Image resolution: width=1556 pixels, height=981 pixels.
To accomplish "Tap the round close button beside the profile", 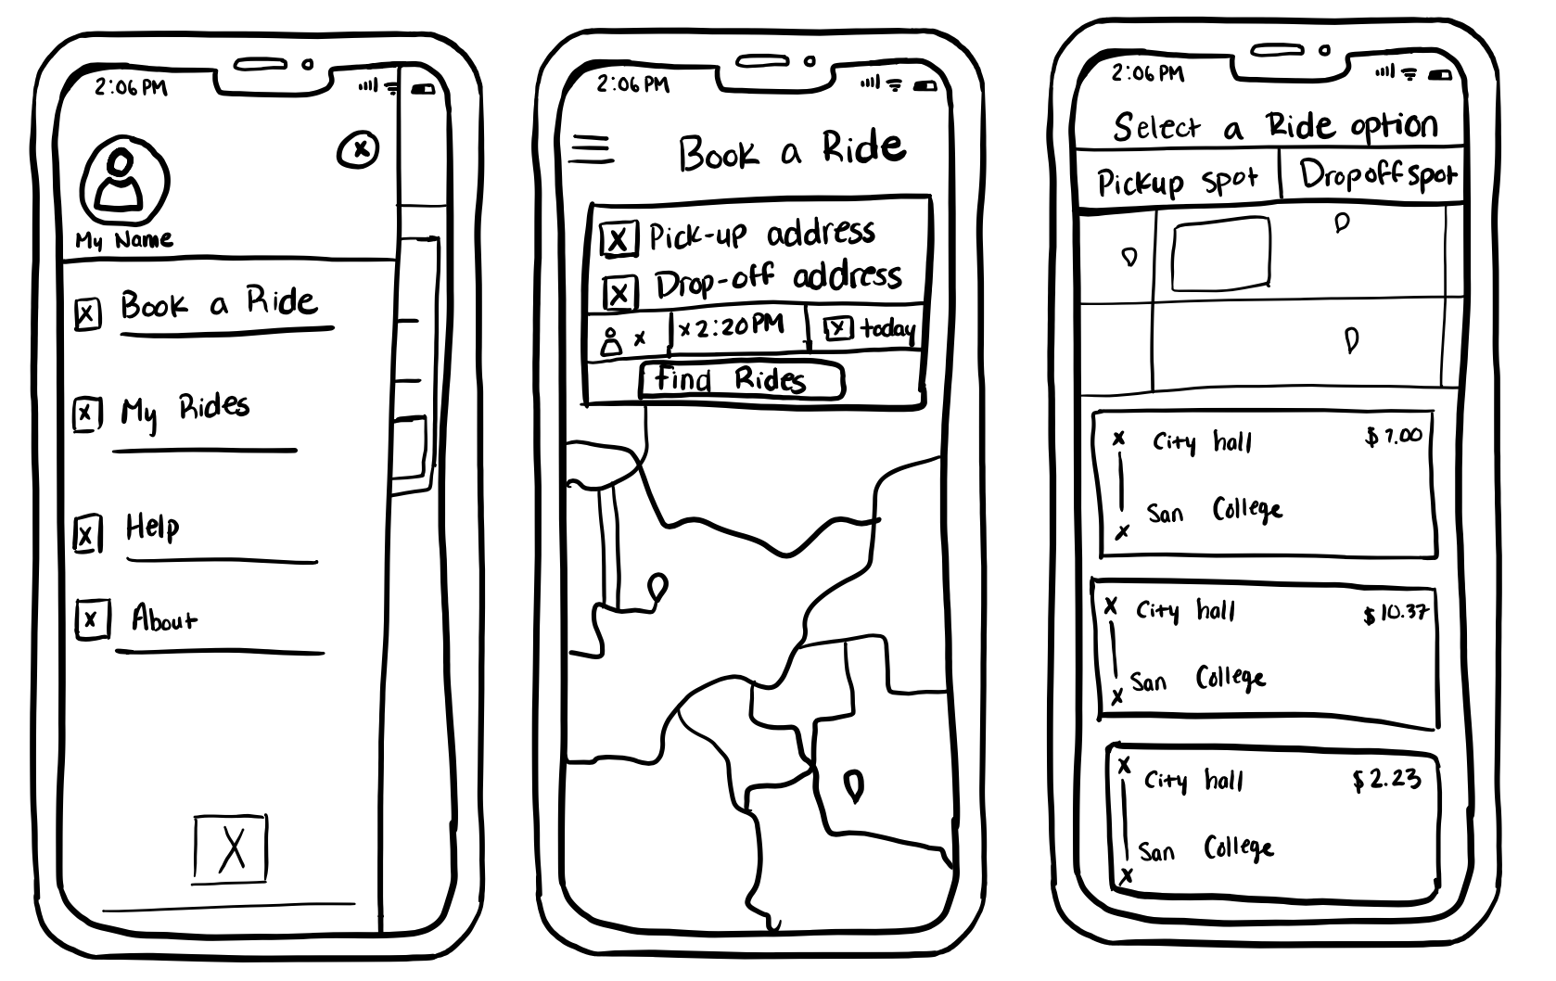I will (359, 149).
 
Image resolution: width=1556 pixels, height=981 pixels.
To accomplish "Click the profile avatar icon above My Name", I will (124, 181).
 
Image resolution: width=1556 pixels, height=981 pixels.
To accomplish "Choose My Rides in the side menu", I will (185, 409).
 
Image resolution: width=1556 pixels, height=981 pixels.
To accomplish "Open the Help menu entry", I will (153, 528).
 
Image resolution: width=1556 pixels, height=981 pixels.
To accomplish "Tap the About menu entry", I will (164, 618).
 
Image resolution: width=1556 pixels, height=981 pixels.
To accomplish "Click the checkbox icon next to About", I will (92, 618).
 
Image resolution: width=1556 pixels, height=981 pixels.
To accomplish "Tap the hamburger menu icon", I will (591, 149).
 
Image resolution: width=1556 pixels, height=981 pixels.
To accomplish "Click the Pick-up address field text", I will (761, 234).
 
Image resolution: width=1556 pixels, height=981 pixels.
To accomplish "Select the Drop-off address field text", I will (778, 279).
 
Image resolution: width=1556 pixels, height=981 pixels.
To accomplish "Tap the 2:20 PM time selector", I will (735, 327).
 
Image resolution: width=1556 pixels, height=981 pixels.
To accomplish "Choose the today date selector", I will (872, 328).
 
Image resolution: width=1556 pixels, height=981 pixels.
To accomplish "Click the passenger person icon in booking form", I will (611, 340).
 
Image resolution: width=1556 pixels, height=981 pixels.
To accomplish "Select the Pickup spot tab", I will (1177, 180).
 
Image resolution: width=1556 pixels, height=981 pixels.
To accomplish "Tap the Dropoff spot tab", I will (1376, 175).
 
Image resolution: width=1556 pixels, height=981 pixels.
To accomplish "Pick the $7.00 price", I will (1393, 436).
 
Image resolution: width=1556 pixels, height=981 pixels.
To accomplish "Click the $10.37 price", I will (1395, 613).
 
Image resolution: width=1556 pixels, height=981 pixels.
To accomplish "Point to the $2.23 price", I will (1386, 780).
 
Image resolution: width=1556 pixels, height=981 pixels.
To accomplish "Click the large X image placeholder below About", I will (231, 847).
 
